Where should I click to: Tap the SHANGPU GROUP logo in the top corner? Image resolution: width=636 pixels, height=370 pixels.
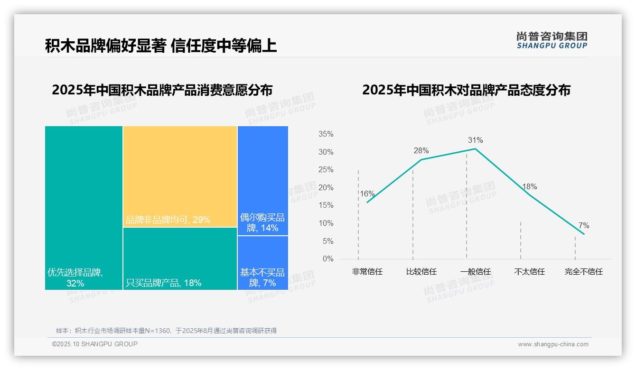(552, 40)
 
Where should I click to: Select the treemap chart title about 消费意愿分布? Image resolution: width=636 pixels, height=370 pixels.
(162, 90)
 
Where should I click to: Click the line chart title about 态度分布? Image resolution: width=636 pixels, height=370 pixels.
(466, 90)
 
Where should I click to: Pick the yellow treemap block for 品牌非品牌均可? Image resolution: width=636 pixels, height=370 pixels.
(180, 176)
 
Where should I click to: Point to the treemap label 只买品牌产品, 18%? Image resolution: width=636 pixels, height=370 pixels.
(163, 283)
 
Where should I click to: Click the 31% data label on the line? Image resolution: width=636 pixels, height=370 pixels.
(475, 140)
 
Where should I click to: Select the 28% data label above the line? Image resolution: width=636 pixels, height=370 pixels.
(421, 151)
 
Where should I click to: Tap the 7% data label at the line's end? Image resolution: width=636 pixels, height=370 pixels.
(583, 226)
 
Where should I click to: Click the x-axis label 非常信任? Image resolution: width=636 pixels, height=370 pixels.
(367, 272)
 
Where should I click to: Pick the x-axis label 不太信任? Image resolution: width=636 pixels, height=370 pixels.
(529, 272)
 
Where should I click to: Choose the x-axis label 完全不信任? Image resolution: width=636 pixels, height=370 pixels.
(583, 272)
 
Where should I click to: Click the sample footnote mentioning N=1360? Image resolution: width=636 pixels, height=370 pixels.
(166, 331)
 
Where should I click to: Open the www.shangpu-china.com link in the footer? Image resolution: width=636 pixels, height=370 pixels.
(553, 344)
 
